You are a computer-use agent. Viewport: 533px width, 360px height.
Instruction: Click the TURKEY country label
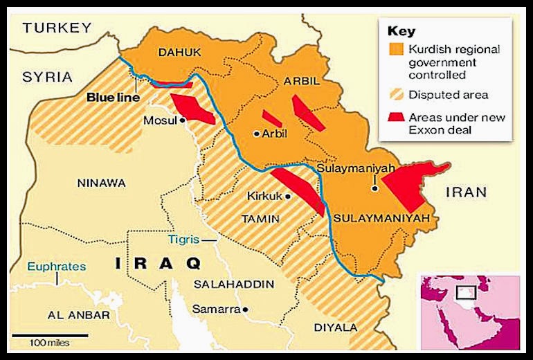57,28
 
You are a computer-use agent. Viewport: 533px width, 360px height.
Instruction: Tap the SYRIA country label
47,76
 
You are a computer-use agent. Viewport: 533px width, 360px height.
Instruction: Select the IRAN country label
466,192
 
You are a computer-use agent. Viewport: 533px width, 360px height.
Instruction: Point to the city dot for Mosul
183,120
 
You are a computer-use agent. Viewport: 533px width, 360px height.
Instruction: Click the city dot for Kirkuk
288,197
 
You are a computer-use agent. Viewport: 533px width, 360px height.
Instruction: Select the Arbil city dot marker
256,134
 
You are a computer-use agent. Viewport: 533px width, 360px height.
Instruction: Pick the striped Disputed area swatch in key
397,95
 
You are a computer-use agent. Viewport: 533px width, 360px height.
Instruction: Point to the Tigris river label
183,239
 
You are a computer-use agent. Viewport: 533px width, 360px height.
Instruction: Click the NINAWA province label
102,183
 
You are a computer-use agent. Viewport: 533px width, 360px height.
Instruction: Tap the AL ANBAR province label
79,315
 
